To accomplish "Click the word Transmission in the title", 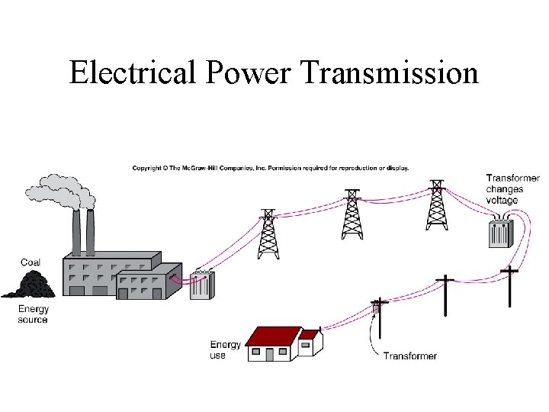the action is (390, 73).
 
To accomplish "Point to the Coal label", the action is (30, 262).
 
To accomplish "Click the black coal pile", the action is (28, 285).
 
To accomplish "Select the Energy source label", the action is (33, 314).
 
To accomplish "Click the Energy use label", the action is (225, 350).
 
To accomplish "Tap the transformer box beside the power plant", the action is (202, 285).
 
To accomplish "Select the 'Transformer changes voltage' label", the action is (512, 189).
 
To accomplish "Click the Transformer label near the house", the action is (410, 356).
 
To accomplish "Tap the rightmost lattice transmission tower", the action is (436, 206).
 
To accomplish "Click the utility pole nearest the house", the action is (377, 320).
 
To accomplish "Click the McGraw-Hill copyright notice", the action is (271, 168).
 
